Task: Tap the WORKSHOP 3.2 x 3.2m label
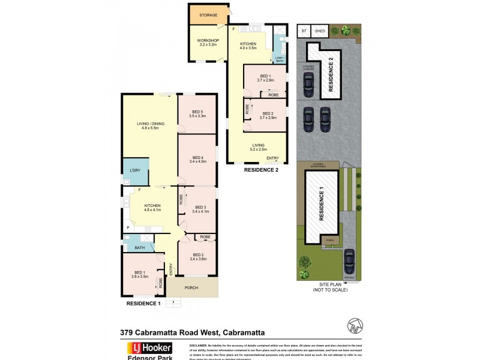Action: click(x=208, y=43)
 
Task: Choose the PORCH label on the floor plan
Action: click(x=191, y=287)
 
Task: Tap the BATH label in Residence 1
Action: click(x=139, y=247)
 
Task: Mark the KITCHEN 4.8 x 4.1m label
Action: click(x=152, y=208)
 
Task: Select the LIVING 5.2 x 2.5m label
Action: click(x=258, y=146)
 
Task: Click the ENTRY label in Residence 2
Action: click(x=272, y=158)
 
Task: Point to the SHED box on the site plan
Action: click(x=320, y=30)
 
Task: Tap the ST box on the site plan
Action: click(x=304, y=30)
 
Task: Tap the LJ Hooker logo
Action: click(x=148, y=348)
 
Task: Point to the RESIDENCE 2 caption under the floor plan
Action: click(x=261, y=170)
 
